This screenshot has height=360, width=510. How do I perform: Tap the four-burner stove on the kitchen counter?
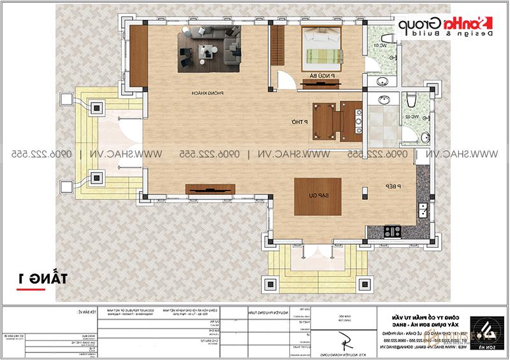pyautogui.click(x=392, y=229)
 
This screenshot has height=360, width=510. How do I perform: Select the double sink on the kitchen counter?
pyautogui.click(x=421, y=208)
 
